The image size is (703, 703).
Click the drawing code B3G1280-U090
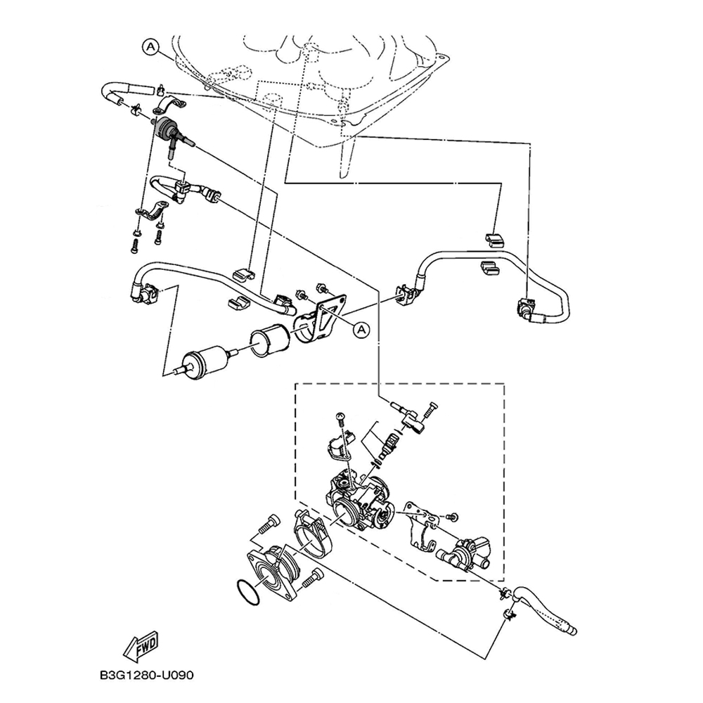pyautogui.click(x=147, y=675)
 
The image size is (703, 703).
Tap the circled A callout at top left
pyautogui.click(x=151, y=46)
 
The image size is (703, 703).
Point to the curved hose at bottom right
pyautogui.click(x=546, y=609)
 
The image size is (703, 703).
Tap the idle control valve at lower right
pyautogui.click(x=464, y=553)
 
